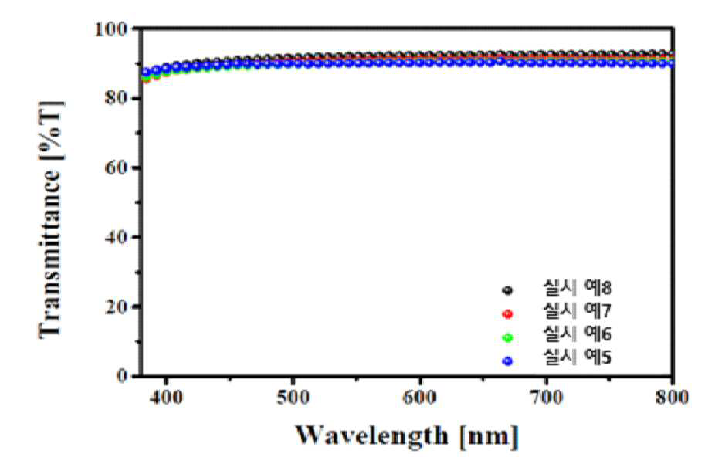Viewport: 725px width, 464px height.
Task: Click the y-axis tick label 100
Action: pyautogui.click(x=111, y=29)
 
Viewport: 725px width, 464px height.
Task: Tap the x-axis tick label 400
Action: pyautogui.click(x=167, y=397)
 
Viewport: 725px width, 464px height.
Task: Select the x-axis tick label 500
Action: pyautogui.click(x=293, y=397)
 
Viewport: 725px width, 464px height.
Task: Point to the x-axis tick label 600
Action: pyautogui.click(x=420, y=397)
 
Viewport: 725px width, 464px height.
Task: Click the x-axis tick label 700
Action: pyautogui.click(x=547, y=397)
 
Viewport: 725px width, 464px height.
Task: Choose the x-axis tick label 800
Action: pyautogui.click(x=672, y=397)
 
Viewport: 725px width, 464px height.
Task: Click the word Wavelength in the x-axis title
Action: pyautogui.click(x=372, y=435)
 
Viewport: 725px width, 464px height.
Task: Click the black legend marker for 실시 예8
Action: pyautogui.click(x=508, y=291)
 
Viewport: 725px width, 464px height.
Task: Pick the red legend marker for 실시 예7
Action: pyautogui.click(x=508, y=314)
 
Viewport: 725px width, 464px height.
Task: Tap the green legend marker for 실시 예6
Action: pyautogui.click(x=508, y=338)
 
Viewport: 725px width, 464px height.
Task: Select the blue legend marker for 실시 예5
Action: pyautogui.click(x=508, y=361)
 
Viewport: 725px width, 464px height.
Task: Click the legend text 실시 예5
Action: pyautogui.click(x=578, y=357)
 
